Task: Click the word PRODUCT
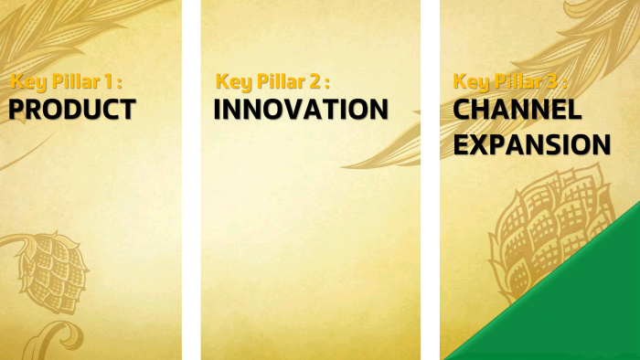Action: coord(72,109)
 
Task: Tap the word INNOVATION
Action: coord(301,109)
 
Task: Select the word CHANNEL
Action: coord(517,109)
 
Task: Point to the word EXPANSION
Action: coord(532,144)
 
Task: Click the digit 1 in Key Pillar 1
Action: coord(108,81)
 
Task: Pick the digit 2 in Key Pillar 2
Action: coord(314,81)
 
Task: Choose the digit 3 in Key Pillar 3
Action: coord(552,81)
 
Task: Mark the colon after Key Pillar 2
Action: coord(326,83)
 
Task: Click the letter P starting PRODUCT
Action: coord(17,110)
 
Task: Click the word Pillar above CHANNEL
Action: coord(518,81)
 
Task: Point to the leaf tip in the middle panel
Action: coord(343,166)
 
